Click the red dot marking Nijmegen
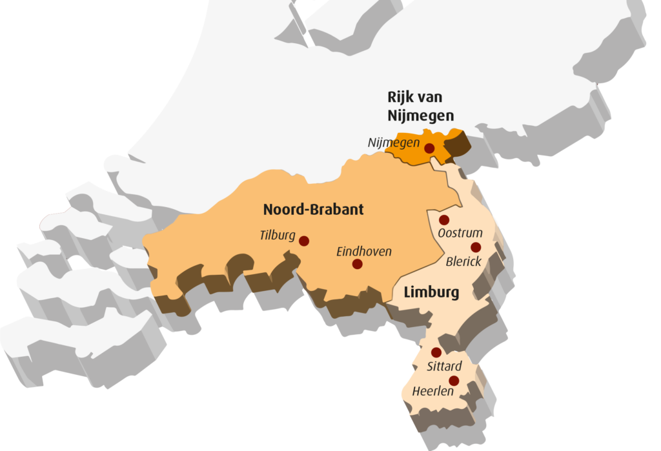[429, 148]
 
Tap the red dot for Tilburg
[304, 241]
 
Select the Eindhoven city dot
[357, 264]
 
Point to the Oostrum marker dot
[444, 220]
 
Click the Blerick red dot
[476, 247]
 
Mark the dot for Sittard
[436, 352]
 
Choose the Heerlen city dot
[454, 381]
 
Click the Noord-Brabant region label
[313, 210]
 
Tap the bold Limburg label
[431, 293]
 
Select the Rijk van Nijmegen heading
[420, 106]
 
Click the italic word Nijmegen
[394, 143]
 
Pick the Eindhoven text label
[364, 252]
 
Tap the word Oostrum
[460, 233]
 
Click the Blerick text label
[463, 261]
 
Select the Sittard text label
[444, 366]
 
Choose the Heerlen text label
[432, 391]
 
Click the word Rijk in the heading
[402, 97]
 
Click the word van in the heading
[438, 97]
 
